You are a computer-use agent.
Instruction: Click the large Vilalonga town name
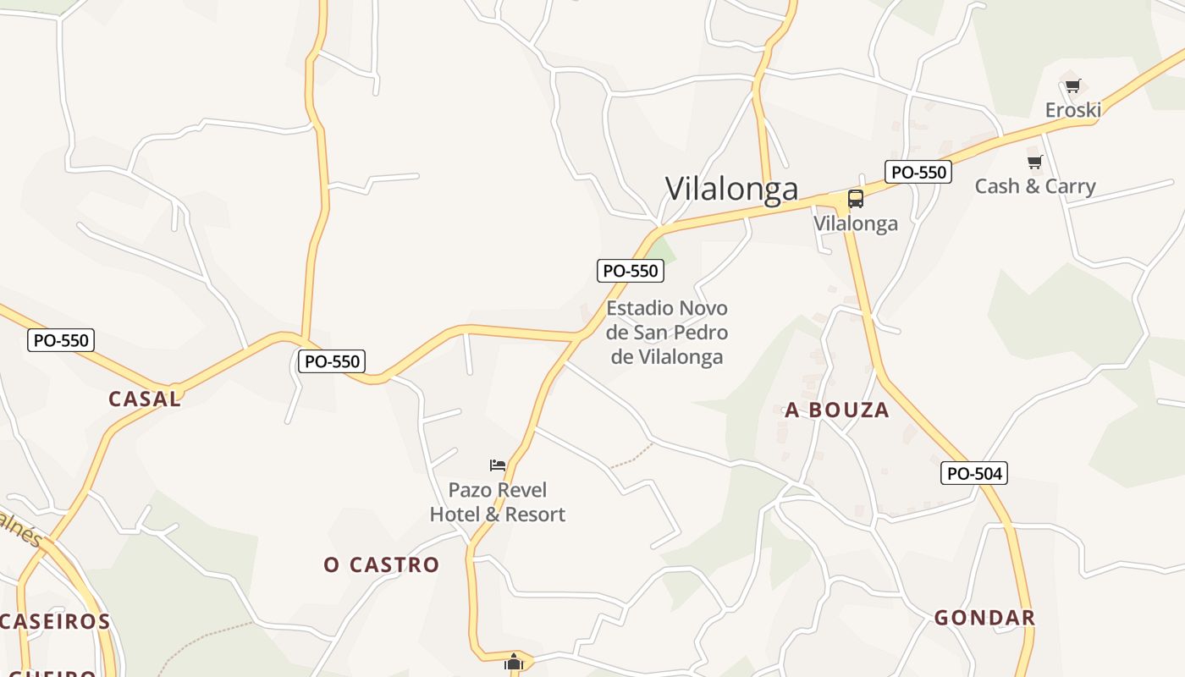click(x=731, y=189)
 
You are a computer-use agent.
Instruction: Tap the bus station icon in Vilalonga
click(x=856, y=200)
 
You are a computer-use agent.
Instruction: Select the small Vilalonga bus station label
click(x=856, y=223)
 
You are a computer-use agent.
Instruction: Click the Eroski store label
click(x=1072, y=110)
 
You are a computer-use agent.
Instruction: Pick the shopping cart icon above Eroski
click(x=1073, y=85)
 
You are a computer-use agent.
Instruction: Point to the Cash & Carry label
click(x=1034, y=186)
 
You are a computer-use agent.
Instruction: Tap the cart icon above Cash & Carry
click(x=1034, y=162)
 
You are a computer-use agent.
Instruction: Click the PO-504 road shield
click(x=974, y=473)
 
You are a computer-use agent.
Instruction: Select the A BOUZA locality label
click(x=837, y=410)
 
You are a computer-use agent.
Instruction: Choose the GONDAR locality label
click(x=984, y=618)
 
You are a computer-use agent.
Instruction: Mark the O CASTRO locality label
click(x=382, y=564)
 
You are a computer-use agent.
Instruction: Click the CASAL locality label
click(x=145, y=399)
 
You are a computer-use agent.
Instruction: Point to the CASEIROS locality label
click(x=55, y=622)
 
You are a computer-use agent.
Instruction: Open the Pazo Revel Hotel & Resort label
click(x=498, y=502)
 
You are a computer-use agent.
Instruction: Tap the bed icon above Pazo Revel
click(x=498, y=465)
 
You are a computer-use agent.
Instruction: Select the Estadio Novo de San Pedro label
click(x=667, y=332)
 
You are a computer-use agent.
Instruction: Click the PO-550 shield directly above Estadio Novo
click(x=630, y=271)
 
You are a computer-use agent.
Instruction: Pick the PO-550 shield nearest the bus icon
click(x=918, y=172)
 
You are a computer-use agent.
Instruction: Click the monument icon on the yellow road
click(x=514, y=662)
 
